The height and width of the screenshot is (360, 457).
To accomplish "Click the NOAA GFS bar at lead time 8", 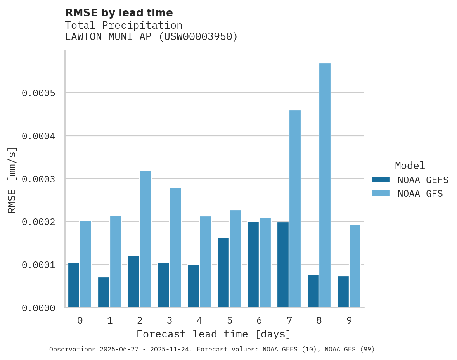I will pyautogui.click(x=325, y=185).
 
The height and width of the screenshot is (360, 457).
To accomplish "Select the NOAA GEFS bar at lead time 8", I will pyautogui.click(x=313, y=291).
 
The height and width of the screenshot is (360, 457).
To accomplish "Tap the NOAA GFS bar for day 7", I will pyautogui.click(x=295, y=209).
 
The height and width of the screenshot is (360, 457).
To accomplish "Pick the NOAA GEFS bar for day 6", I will pyautogui.click(x=253, y=264).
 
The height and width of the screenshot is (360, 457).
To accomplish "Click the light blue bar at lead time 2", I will pyautogui.click(x=145, y=239).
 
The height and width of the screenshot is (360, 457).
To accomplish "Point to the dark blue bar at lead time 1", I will pyautogui.click(x=104, y=292).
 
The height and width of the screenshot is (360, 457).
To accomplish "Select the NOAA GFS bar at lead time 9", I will pyautogui.click(x=355, y=266).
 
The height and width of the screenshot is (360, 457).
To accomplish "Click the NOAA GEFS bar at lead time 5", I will pyautogui.click(x=223, y=272).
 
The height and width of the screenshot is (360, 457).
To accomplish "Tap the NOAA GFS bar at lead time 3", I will pyautogui.click(x=175, y=247).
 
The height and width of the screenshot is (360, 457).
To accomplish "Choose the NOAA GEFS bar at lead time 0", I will pyautogui.click(x=74, y=285).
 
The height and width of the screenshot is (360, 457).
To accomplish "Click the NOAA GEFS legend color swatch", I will pyautogui.click(x=381, y=180).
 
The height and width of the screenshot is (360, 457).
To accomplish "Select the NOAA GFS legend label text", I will pyautogui.click(x=420, y=194).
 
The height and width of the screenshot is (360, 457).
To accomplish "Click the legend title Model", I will pyautogui.click(x=410, y=166).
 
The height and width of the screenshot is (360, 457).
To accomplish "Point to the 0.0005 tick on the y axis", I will pyautogui.click(x=38, y=93).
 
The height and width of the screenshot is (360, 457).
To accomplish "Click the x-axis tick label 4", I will pyautogui.click(x=199, y=320).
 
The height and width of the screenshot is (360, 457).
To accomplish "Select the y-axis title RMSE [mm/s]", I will pyautogui.click(x=12, y=180).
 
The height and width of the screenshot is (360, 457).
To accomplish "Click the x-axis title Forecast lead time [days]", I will pyautogui.click(x=214, y=334).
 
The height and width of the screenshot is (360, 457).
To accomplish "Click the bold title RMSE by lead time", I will pyautogui.click(x=119, y=13).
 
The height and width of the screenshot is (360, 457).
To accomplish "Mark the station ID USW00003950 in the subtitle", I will pyautogui.click(x=198, y=36).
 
